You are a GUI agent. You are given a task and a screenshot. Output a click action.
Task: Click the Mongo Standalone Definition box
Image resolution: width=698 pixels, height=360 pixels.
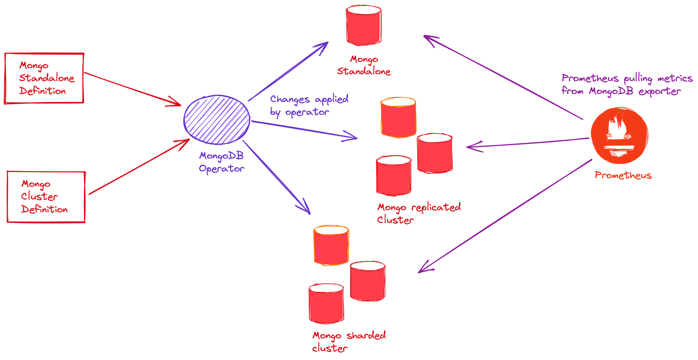click(44, 78)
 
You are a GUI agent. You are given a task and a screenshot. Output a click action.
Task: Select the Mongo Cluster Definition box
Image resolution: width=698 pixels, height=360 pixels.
click(46, 197)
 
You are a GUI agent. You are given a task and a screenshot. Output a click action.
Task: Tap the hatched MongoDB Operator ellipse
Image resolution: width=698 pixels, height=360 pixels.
click(217, 120)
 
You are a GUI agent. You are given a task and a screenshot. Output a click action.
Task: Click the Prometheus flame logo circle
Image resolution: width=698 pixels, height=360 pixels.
click(619, 136)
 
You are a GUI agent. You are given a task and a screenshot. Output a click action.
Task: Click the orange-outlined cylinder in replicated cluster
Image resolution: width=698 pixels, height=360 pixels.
click(398, 117)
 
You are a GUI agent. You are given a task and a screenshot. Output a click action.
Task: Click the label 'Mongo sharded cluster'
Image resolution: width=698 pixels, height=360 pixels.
click(349, 342)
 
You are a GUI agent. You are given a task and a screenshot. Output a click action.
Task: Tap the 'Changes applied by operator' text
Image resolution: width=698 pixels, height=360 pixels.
click(308, 106)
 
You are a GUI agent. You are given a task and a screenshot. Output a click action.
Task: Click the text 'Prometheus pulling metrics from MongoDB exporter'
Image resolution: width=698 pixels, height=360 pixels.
click(626, 85)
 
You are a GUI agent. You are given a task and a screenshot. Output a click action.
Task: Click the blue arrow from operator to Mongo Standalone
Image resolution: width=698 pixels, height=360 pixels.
click(288, 72)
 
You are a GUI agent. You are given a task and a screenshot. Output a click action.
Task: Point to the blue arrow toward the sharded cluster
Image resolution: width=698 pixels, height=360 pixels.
click(276, 176)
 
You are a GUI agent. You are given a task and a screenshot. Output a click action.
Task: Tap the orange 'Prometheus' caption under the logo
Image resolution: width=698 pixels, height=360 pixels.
click(623, 175)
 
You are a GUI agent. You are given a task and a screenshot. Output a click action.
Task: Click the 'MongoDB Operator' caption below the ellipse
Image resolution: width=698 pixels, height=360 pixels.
click(222, 162)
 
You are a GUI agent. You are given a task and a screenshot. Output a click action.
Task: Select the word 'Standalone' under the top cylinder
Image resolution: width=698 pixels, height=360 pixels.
click(364, 72)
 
